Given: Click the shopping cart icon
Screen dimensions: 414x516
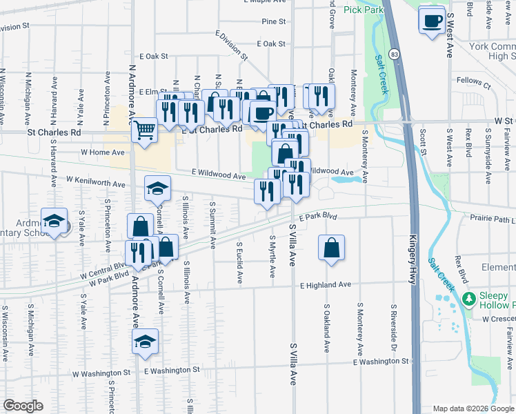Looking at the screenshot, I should click(144, 129).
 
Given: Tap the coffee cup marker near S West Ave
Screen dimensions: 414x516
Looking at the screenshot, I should click(433, 21).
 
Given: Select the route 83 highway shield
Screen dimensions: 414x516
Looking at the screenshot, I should click(393, 53).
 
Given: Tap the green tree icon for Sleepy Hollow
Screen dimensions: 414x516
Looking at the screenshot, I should click(469, 298).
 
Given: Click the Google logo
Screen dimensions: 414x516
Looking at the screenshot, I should click(23, 406).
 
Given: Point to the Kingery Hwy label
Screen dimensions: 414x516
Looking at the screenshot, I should click(415, 245).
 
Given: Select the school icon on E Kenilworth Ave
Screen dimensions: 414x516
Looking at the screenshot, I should click(157, 188).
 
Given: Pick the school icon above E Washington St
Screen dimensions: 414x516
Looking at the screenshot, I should click(145, 341).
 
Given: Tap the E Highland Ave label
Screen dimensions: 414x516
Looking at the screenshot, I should click(326, 284).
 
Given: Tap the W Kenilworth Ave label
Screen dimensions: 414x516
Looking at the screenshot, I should click(96, 181).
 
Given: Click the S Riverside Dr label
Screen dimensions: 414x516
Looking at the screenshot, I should click(393, 320).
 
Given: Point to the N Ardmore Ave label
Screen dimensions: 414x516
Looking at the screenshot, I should click(132, 90).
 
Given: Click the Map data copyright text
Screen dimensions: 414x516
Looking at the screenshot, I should click(472, 408).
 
